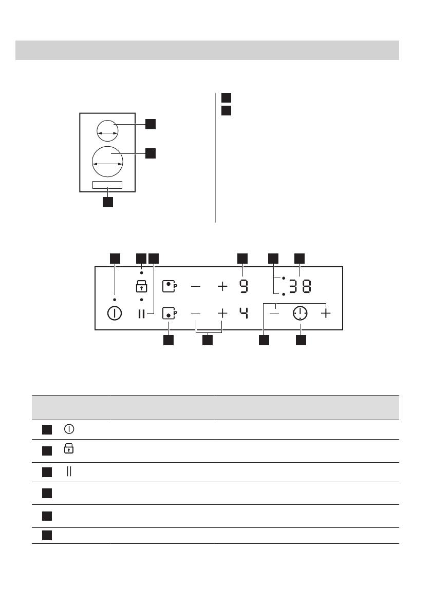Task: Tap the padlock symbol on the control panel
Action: click(141, 286)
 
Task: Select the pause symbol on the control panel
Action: click(142, 313)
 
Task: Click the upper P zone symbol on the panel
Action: click(168, 286)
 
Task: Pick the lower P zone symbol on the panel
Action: click(168, 313)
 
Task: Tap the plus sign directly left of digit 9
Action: click(222, 286)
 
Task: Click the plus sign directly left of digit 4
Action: click(222, 312)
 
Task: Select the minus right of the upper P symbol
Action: click(196, 286)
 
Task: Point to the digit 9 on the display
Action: click(242, 287)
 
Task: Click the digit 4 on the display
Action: click(242, 312)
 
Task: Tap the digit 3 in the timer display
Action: click(293, 287)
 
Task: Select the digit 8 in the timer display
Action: click(306, 287)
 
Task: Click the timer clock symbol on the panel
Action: click(300, 313)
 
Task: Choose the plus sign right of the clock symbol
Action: click(326, 313)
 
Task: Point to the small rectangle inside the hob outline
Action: click(107, 185)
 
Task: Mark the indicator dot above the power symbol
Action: click(115, 299)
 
